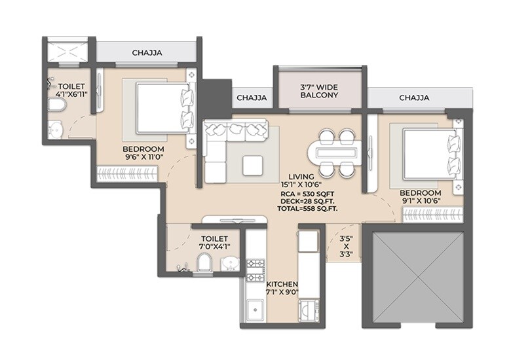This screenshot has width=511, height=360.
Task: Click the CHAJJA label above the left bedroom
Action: (x=147, y=53)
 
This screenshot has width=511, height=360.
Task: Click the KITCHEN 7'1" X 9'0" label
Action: (x=282, y=289)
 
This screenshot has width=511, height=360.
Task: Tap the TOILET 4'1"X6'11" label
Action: (x=73, y=90)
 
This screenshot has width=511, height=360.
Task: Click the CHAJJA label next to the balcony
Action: (x=252, y=98)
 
